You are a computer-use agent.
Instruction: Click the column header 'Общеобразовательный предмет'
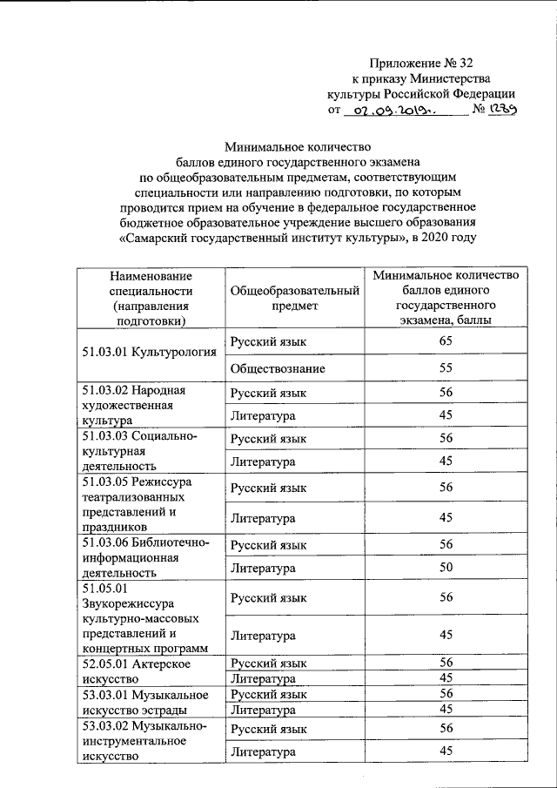294,299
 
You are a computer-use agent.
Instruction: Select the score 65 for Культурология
446,343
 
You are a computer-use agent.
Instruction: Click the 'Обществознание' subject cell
278,369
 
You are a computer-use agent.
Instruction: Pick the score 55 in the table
446,369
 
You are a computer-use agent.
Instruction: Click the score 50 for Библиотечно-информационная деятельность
446,569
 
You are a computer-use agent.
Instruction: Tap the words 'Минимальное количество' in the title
299,145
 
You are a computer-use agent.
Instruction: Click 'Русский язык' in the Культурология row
269,343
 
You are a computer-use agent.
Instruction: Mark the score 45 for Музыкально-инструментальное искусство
446,751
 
